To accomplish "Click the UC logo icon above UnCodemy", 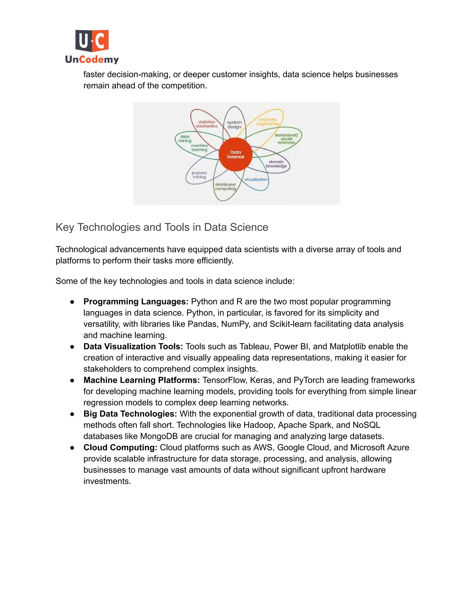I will (92, 41).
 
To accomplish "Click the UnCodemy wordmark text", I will (92, 59).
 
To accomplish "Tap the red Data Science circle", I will (235, 154).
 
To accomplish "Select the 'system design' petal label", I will (234, 125).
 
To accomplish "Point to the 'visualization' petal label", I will (256, 179).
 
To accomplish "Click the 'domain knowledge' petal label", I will (276, 164).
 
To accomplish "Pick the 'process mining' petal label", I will (199, 175).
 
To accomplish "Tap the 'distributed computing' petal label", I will (225, 187).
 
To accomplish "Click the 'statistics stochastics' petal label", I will (206, 124).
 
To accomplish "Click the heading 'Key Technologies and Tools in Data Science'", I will (162, 227).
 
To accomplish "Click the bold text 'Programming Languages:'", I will (136, 302).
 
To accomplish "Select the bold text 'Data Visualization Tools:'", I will (133, 346).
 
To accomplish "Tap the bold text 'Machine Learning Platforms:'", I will (142, 380).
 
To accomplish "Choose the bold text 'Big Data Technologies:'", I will (130, 413).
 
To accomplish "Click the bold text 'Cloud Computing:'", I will (120, 447).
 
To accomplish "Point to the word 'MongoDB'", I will (159, 436).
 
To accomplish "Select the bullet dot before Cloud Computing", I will (72, 448).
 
